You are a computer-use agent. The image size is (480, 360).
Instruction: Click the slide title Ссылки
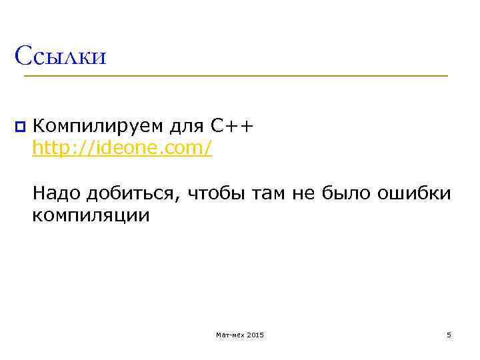(61, 56)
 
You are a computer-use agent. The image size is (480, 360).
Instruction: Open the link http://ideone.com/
(123, 148)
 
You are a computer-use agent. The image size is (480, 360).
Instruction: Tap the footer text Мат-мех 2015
(240, 335)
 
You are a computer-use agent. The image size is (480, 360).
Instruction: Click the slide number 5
(449, 335)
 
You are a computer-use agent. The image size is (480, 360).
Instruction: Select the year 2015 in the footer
(255, 335)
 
